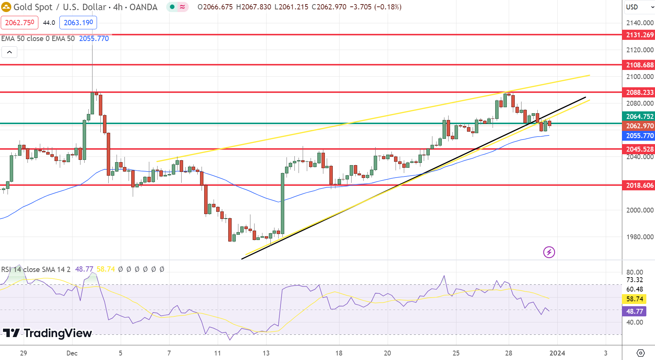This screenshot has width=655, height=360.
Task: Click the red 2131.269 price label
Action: click(x=639, y=35)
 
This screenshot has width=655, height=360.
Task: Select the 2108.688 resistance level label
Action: click(x=639, y=65)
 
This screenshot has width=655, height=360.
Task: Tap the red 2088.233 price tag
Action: click(x=639, y=93)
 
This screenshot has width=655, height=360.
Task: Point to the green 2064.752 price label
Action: click(x=639, y=117)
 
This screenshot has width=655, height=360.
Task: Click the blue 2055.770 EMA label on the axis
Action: click(x=639, y=136)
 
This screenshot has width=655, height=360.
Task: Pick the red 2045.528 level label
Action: click(x=639, y=149)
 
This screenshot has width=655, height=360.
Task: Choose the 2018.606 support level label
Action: click(x=639, y=185)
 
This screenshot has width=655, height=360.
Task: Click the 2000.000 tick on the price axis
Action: click(x=640, y=210)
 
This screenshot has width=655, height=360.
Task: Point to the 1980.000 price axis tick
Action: click(x=640, y=237)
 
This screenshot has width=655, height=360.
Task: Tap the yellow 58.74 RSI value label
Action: click(x=635, y=299)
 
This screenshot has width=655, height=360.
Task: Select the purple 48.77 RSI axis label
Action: click(x=635, y=311)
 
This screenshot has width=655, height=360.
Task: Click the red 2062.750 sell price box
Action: click(x=20, y=23)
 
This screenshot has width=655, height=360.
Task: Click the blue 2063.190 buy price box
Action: click(x=78, y=23)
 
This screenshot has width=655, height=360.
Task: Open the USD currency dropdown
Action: click(x=639, y=7)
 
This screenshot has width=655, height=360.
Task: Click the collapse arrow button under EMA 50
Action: click(x=9, y=52)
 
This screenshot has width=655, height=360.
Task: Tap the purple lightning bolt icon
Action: click(x=549, y=252)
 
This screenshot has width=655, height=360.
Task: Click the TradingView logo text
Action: click(x=48, y=333)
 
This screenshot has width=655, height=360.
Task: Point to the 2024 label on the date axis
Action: click(x=557, y=353)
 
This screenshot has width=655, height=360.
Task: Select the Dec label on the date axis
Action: click(x=72, y=353)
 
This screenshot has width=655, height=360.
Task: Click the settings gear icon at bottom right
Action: click(x=640, y=353)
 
